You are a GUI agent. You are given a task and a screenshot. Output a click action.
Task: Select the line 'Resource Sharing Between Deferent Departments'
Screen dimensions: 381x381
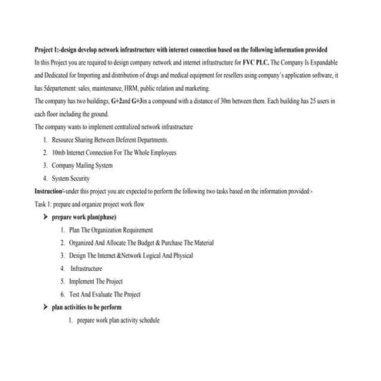110,139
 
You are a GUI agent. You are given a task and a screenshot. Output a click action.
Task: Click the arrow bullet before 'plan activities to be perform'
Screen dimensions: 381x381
45,306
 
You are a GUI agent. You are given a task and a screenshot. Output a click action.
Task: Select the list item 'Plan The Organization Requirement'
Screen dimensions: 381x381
111,230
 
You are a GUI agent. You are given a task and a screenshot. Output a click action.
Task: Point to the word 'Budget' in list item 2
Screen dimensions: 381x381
149,242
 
